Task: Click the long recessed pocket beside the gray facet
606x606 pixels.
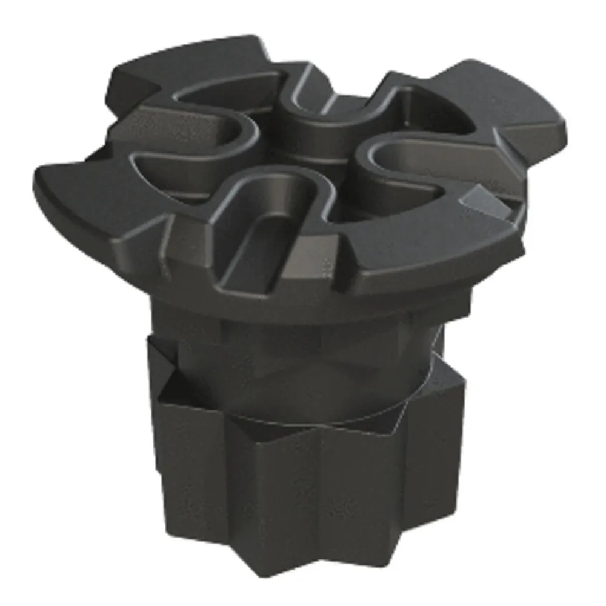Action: [x=412, y=164]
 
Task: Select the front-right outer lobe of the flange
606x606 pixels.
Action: [x=424, y=255]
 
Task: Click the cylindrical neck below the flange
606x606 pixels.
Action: [x=303, y=351]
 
